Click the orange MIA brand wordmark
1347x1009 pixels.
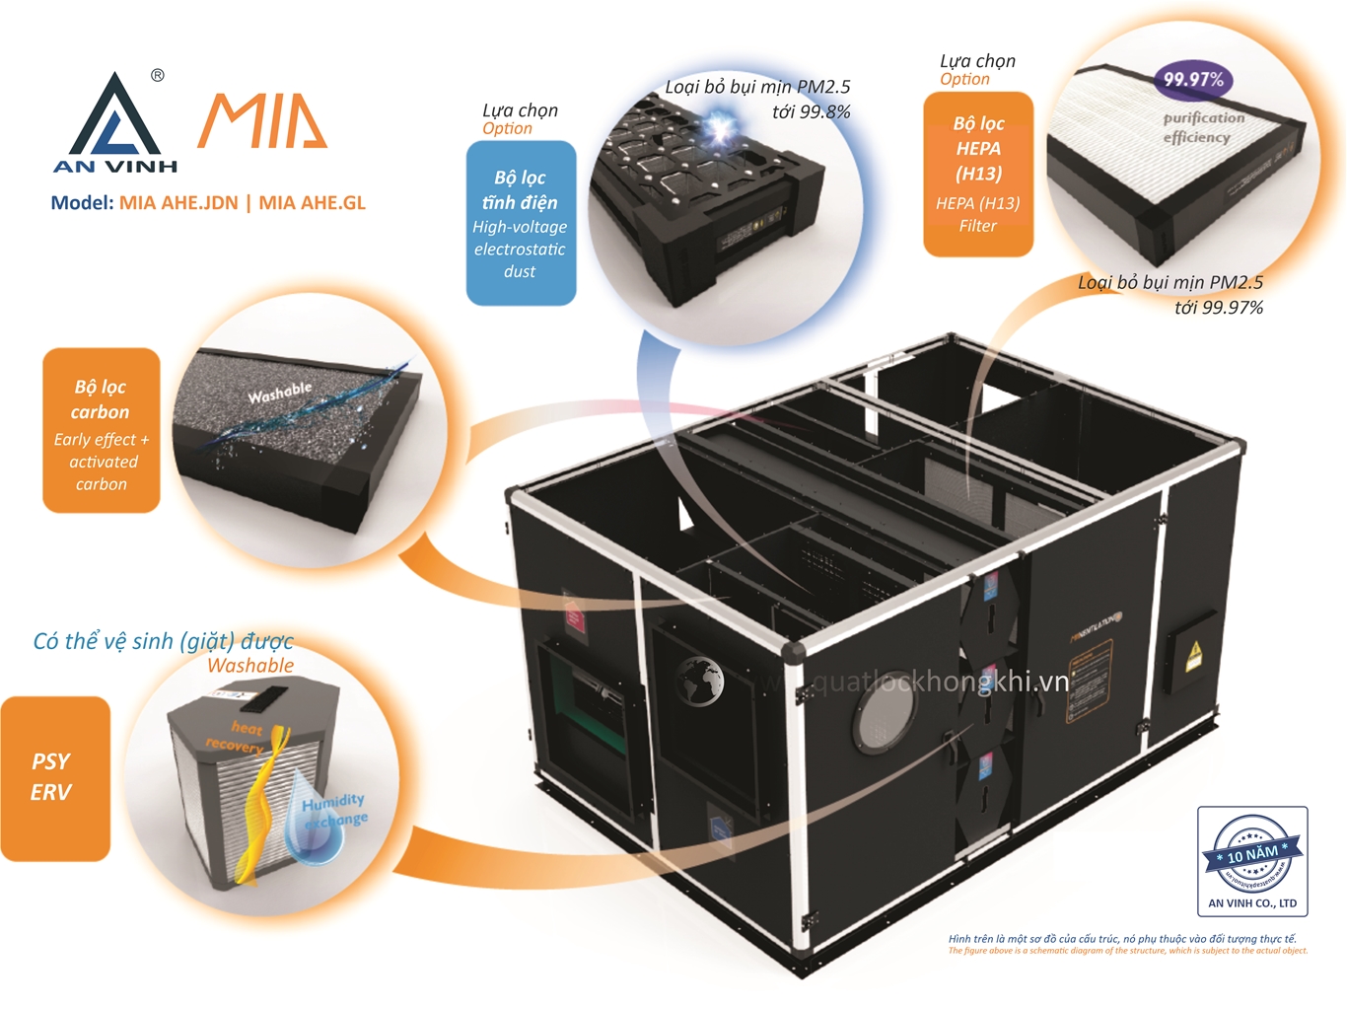(262, 122)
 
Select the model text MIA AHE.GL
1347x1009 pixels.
(312, 203)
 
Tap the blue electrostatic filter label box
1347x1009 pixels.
(521, 223)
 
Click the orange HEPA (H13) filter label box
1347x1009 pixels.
(977, 175)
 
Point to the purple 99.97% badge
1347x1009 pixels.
(1192, 80)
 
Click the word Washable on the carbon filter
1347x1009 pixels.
(279, 393)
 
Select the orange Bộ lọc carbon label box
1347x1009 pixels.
(101, 431)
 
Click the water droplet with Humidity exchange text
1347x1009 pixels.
(318, 824)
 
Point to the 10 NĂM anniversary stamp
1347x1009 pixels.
(1252, 853)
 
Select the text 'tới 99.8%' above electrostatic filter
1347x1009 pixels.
(810, 111)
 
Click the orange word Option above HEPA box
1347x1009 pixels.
(964, 79)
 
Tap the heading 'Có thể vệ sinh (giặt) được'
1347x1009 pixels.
(163, 641)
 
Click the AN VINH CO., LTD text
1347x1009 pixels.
(1252, 903)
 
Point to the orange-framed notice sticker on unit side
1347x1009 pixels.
(1091, 680)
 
